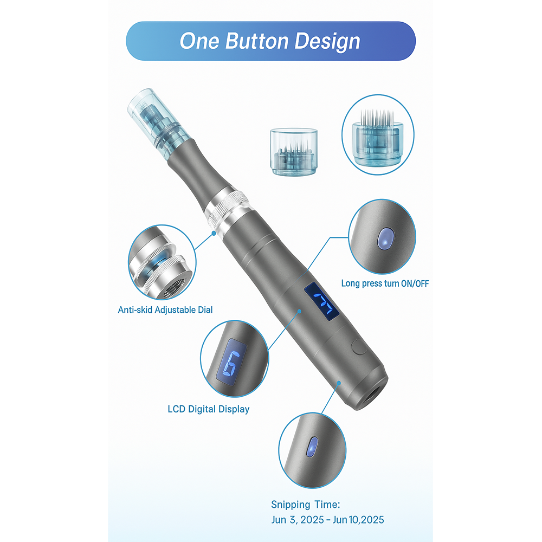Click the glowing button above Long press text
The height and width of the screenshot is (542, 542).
pyautogui.click(x=385, y=237)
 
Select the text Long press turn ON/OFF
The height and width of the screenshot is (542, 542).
pyautogui.click(x=385, y=283)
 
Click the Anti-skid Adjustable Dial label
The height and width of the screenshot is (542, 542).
pyautogui.click(x=165, y=310)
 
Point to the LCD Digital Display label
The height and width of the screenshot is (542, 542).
pyautogui.click(x=209, y=409)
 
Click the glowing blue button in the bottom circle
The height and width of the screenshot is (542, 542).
pyautogui.click(x=312, y=447)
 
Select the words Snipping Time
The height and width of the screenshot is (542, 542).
pyautogui.click(x=306, y=505)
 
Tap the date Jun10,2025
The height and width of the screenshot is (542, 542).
pyautogui.click(x=359, y=520)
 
